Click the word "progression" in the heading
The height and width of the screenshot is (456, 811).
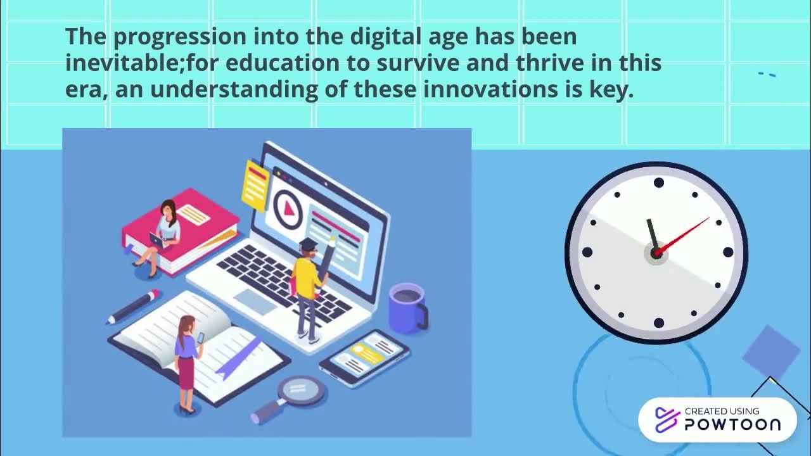[180, 37]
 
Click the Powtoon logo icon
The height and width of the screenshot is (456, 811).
[667, 420]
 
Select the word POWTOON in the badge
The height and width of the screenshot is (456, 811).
[732, 425]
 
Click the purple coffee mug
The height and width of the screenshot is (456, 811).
[407, 308]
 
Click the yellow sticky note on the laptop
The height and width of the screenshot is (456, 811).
[255, 185]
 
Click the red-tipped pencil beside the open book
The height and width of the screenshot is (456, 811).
[134, 307]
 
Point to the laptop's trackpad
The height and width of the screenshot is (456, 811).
[256, 302]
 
